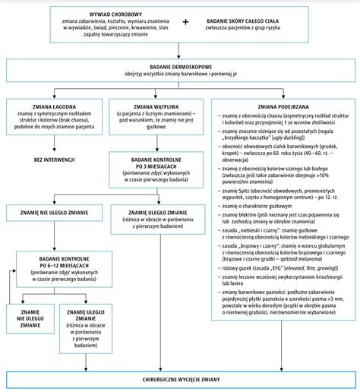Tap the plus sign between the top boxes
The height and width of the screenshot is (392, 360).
point(185,23)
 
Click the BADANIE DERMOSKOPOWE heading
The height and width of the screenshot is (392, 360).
point(179,67)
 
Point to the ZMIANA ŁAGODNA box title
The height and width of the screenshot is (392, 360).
point(53,107)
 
